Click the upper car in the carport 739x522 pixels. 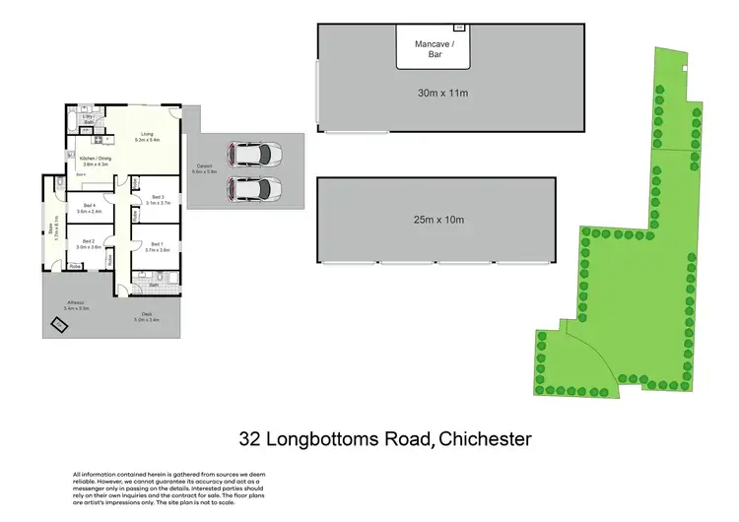coord(254,154)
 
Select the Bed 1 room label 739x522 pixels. coord(158,247)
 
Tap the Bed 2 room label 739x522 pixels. coord(89,243)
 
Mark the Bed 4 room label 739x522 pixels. coord(89,208)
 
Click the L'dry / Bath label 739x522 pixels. coord(88,119)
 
